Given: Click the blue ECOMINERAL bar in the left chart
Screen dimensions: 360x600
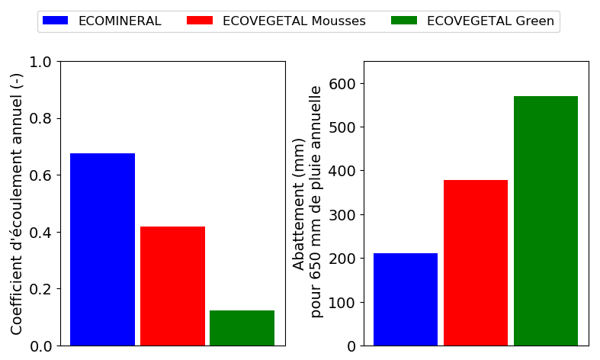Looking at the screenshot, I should (102, 249).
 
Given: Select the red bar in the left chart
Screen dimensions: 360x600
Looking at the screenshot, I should (172, 286).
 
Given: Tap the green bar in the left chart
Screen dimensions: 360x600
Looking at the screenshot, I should (242, 328).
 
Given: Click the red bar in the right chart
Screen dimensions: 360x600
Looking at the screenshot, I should (476, 262).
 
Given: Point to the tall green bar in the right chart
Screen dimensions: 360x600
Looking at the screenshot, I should (546, 220).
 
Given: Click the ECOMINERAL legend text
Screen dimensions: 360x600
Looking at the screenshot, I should (120, 21).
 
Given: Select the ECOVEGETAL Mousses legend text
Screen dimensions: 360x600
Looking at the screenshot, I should (294, 21).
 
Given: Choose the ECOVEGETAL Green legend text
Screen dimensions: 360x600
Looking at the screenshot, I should (490, 21).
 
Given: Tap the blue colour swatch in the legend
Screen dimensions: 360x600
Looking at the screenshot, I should (56, 21).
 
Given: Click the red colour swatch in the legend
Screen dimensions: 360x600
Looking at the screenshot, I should (200, 21).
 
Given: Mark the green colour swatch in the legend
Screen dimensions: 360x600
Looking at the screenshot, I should (404, 21).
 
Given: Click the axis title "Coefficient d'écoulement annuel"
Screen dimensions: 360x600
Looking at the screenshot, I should (17, 204).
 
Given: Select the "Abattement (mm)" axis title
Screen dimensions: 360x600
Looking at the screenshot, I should (299, 204).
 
